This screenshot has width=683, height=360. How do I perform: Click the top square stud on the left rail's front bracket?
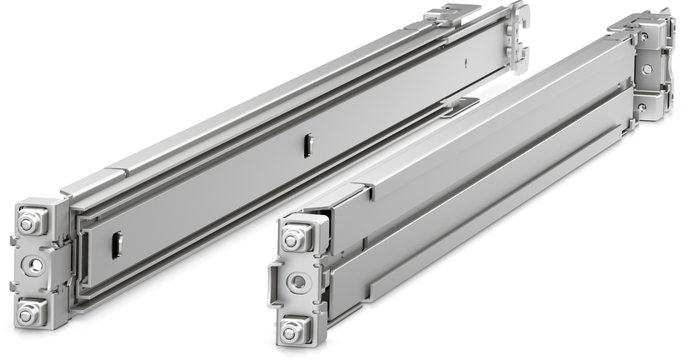[x=27, y=222]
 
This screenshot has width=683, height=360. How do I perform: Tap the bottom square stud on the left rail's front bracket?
[x=29, y=313]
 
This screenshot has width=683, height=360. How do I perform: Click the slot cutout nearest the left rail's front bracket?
[x=117, y=244]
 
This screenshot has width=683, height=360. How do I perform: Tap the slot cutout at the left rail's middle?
[x=307, y=145]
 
